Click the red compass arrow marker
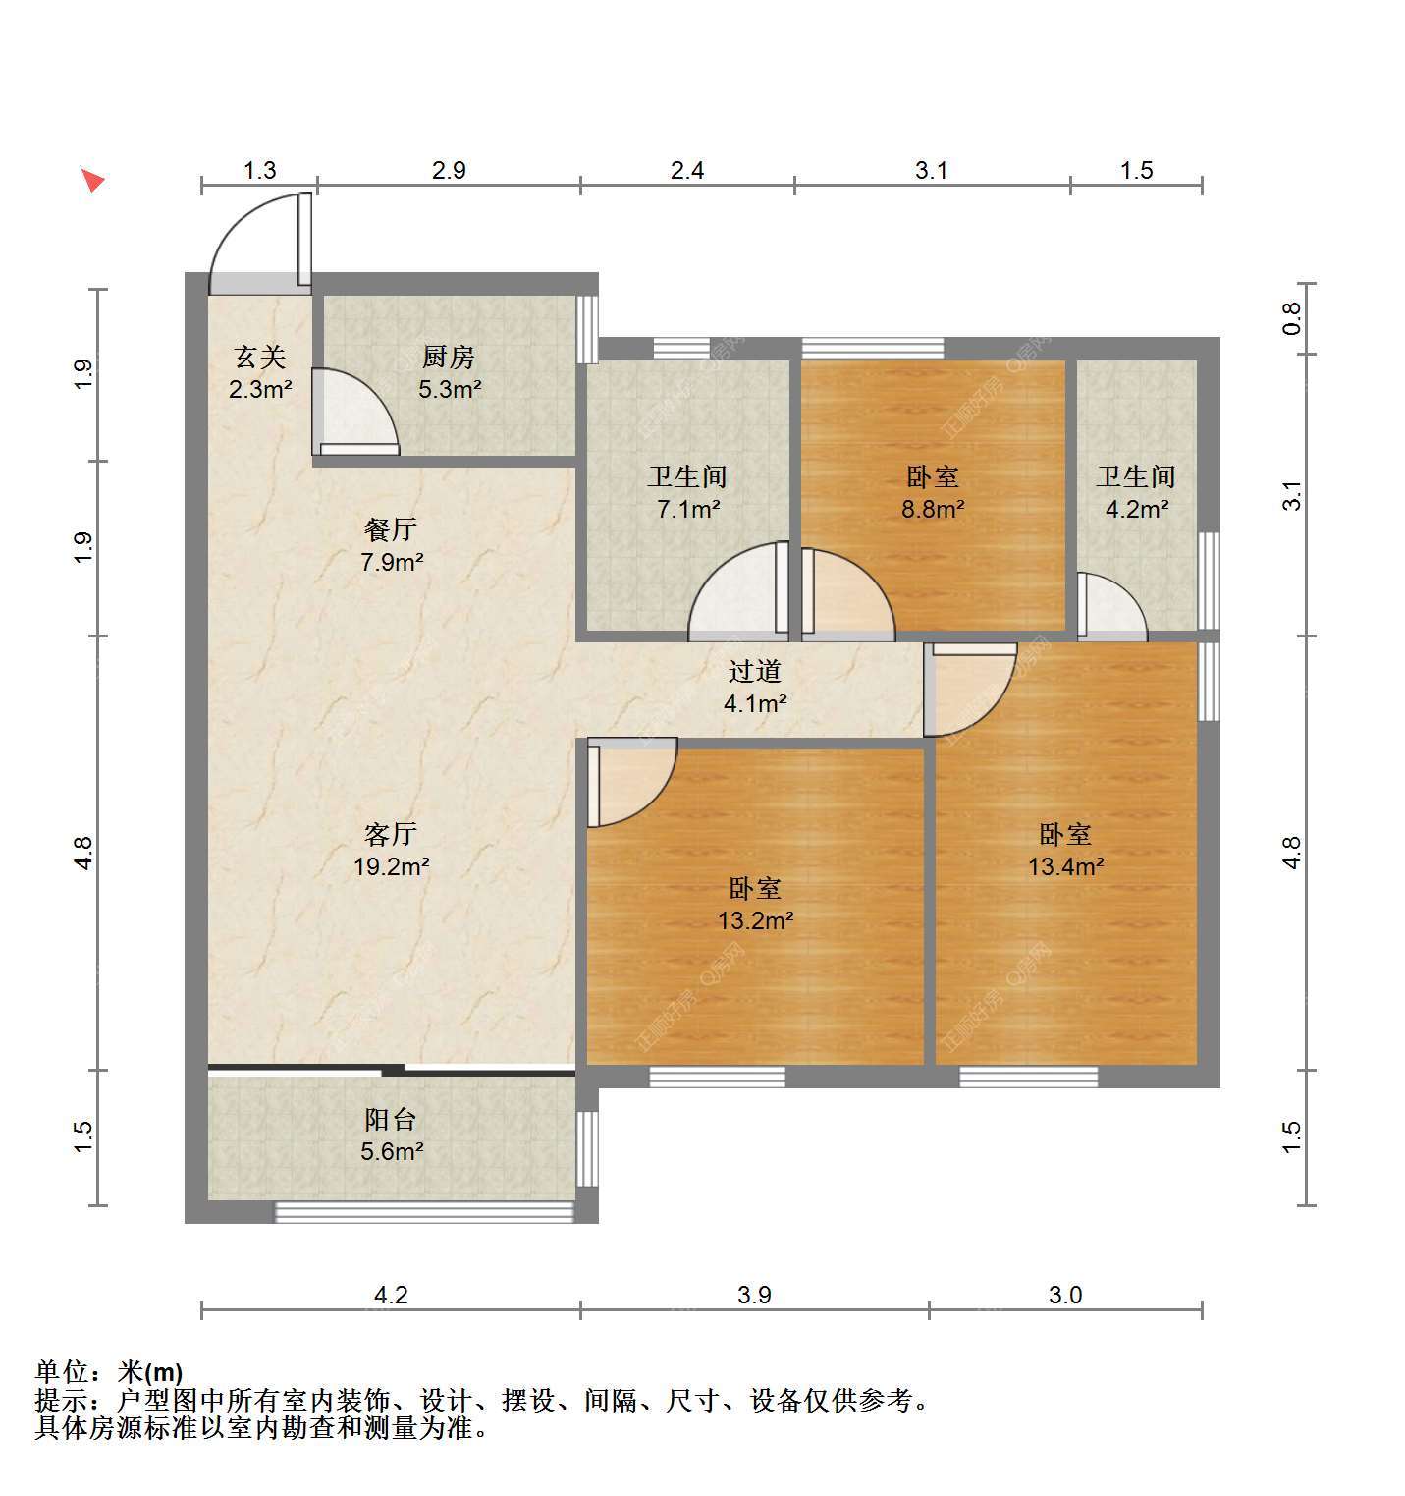(x=92, y=180)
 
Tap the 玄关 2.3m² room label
(x=260, y=372)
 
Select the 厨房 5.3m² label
(x=450, y=372)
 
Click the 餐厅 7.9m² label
(x=391, y=546)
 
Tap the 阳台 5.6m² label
(x=391, y=1136)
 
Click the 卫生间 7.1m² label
(x=687, y=493)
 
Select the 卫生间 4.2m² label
(x=1136, y=493)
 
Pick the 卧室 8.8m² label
(x=933, y=493)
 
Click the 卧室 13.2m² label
(x=755, y=905)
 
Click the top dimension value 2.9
(x=449, y=170)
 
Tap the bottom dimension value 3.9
(x=754, y=1295)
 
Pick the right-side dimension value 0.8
(x=1292, y=317)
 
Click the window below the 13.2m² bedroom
(x=718, y=1077)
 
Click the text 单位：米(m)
(x=109, y=1371)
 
